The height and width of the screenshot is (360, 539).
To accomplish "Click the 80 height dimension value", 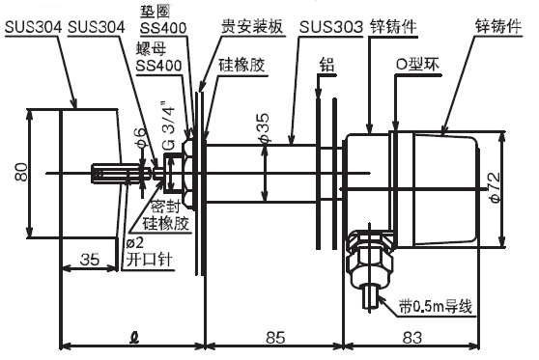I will (18, 172).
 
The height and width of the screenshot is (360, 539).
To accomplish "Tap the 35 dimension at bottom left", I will (91, 260).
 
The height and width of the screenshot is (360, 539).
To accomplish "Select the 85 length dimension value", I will (276, 336).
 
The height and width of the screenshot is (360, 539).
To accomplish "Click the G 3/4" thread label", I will (171, 122).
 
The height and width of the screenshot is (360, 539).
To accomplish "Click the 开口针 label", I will (148, 260).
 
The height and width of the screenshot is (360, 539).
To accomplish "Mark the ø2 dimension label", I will (136, 242).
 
